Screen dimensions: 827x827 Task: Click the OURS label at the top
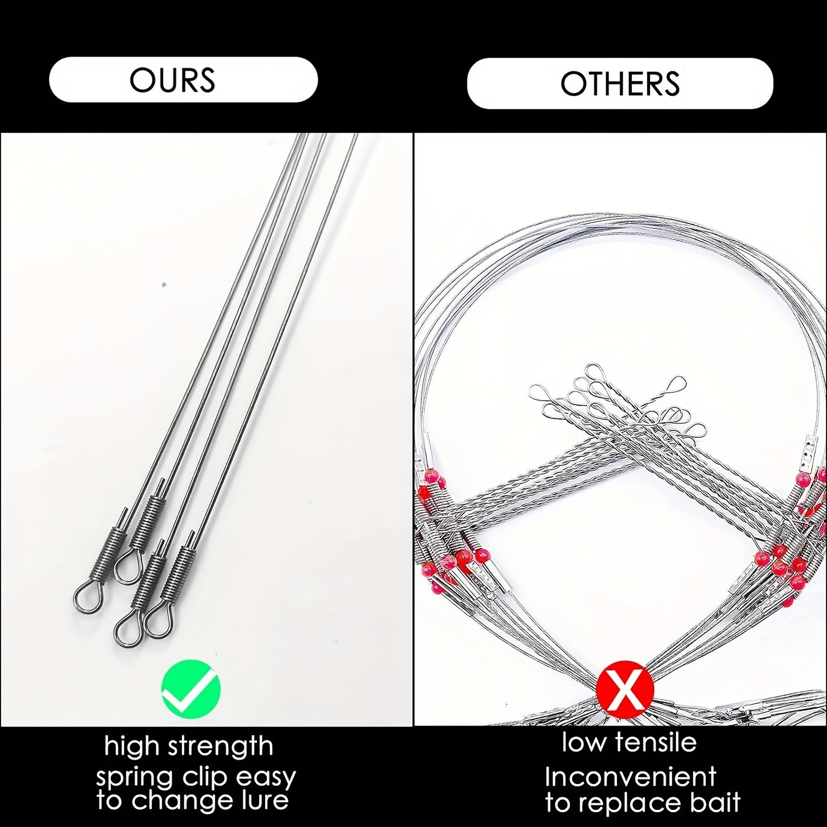(172, 80)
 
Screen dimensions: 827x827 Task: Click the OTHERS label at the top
(620, 83)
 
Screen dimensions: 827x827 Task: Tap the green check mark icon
(191, 689)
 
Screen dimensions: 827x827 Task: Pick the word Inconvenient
(631, 777)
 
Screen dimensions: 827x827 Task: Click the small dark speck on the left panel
(164, 284)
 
